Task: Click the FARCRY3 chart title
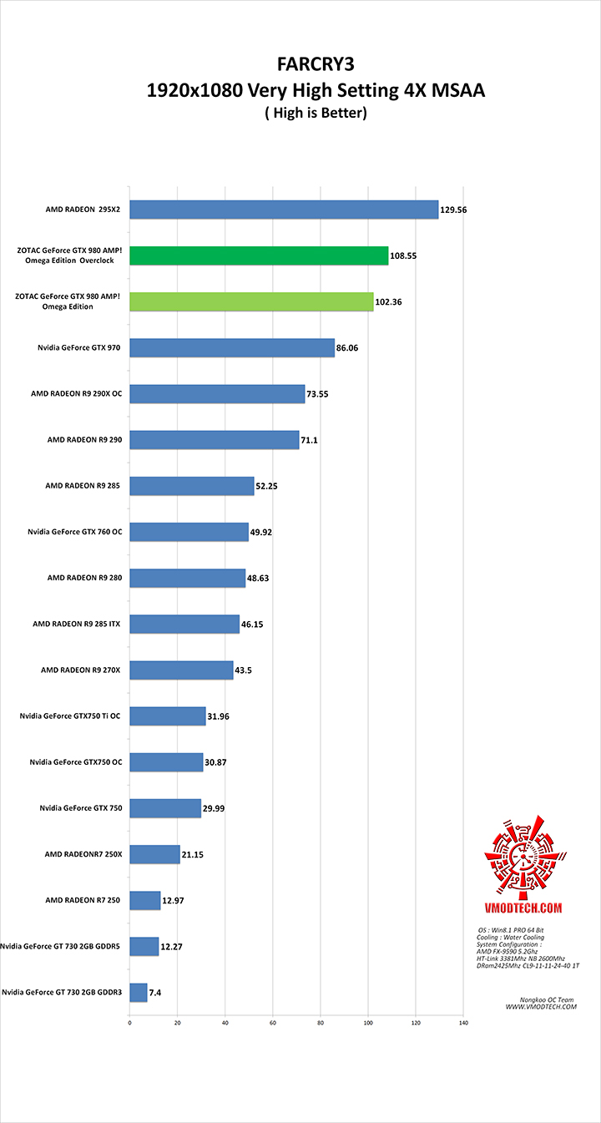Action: click(x=315, y=64)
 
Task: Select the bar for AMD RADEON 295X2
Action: click(x=284, y=210)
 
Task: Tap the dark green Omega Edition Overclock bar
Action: click(x=259, y=255)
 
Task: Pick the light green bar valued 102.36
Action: click(x=251, y=301)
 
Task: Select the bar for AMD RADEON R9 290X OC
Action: click(x=217, y=393)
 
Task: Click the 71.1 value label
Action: click(x=311, y=439)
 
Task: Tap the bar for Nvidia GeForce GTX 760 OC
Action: click(x=189, y=532)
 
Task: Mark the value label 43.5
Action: click(x=245, y=670)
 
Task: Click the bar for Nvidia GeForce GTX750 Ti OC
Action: click(x=167, y=716)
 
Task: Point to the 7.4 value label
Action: click(x=156, y=992)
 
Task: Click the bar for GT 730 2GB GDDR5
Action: click(x=144, y=946)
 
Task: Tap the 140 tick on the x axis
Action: click(x=463, y=1022)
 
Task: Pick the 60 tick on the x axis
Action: click(x=273, y=1022)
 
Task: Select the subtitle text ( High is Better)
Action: click(x=315, y=113)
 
